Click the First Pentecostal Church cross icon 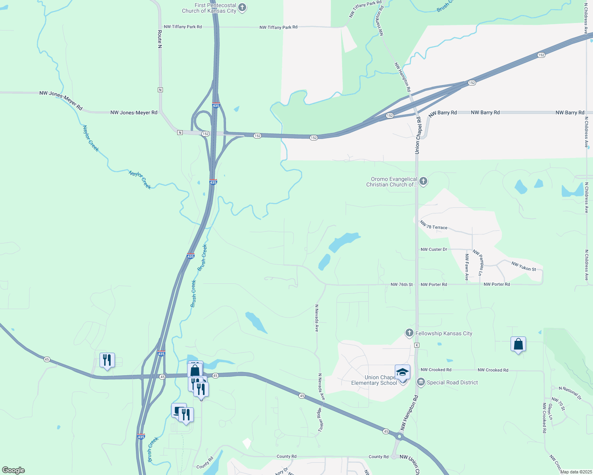242,8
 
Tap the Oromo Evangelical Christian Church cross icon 423,182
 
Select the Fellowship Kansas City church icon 409,333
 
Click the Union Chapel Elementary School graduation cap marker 402,372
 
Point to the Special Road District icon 421,382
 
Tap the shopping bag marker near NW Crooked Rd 518,344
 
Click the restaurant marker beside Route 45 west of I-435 107,360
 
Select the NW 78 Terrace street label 434,226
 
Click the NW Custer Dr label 434,249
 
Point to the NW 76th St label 402,285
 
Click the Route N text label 160,39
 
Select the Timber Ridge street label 320,420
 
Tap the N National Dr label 570,393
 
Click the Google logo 13,470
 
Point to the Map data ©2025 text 576,472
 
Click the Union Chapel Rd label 417,135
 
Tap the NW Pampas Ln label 478,262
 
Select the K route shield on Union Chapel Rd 417,345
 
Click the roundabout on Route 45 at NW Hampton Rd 400,437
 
